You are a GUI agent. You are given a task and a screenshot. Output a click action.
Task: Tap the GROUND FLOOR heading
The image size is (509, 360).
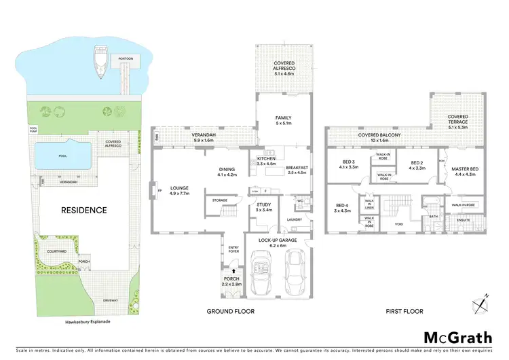[x=229, y=311]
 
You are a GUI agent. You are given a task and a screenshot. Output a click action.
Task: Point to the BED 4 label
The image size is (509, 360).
[x=341, y=206]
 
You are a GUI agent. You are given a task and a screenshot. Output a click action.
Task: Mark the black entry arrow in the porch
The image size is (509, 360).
[x=231, y=272]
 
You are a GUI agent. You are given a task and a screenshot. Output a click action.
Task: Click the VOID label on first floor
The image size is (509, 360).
[x=398, y=223]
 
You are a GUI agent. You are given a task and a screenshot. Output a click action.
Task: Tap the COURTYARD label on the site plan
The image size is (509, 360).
[x=57, y=251]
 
